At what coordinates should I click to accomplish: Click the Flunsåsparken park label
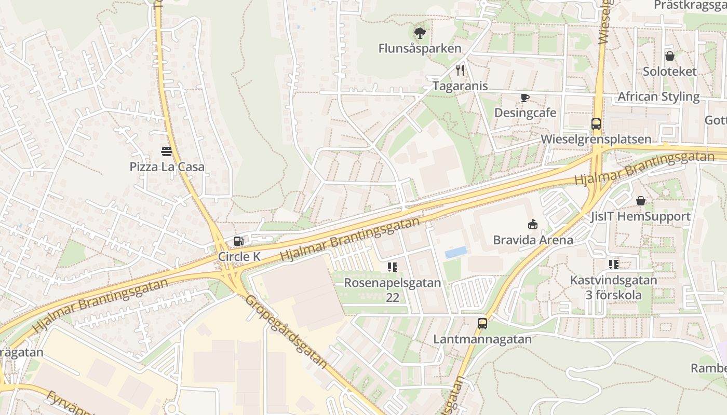[420, 49]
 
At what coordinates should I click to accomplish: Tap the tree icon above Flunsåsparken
[420, 33]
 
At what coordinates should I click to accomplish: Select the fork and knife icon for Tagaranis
[460, 71]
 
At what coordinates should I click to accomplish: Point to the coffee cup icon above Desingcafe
[525, 98]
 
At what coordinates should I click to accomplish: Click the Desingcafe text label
[525, 113]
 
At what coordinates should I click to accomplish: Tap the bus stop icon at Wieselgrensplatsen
[596, 124]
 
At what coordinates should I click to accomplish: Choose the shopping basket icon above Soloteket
[670, 56]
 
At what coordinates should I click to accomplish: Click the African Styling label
[658, 97]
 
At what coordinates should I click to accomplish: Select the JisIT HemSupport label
[640, 216]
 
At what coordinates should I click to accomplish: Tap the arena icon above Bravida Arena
[533, 224]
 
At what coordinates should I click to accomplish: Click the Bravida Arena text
[533, 240]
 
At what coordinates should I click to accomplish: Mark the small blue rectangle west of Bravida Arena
[455, 252]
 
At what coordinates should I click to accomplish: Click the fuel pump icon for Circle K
[238, 241]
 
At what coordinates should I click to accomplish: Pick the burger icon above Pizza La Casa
[167, 151]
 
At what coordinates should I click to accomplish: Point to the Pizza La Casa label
[167, 167]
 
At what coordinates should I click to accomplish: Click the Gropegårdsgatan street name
[286, 331]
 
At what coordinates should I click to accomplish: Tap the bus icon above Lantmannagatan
[482, 324]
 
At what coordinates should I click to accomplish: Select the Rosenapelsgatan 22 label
[393, 290]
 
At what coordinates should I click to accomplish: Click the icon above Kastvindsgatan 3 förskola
[614, 265]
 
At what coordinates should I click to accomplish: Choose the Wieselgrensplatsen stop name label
[596, 139]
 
